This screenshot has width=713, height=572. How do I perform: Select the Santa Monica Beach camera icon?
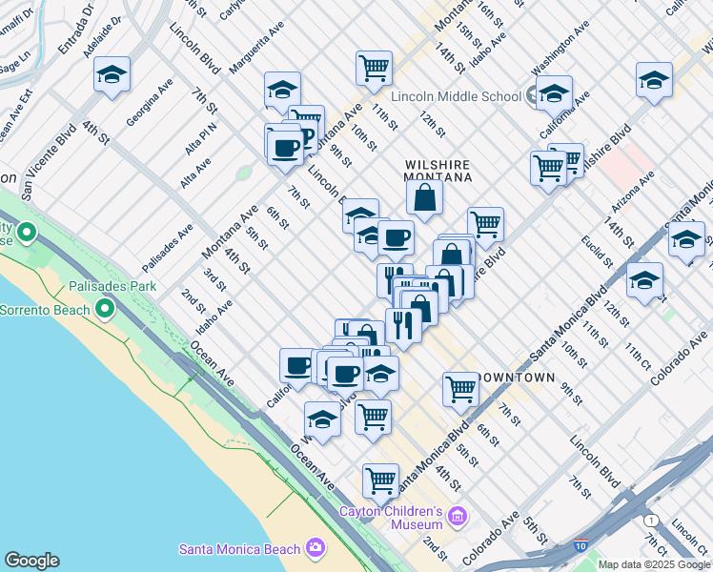[x=316, y=547]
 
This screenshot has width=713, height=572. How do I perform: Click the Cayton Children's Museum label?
[x=391, y=518]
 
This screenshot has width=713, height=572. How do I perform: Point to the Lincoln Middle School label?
[x=456, y=96]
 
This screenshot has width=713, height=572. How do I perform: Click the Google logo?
[x=31, y=561]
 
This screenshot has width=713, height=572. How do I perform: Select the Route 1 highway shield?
[x=650, y=520]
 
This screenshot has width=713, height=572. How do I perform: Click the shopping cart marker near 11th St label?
[x=374, y=68]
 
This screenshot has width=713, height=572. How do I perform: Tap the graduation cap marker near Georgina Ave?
[x=112, y=74]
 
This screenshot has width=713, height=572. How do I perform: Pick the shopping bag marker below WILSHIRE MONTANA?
[x=424, y=197]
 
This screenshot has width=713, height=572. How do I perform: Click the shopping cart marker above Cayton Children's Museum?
[x=380, y=480]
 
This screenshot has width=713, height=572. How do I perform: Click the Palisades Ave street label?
[x=168, y=248]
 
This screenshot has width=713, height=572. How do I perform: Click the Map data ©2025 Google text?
[x=654, y=564]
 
